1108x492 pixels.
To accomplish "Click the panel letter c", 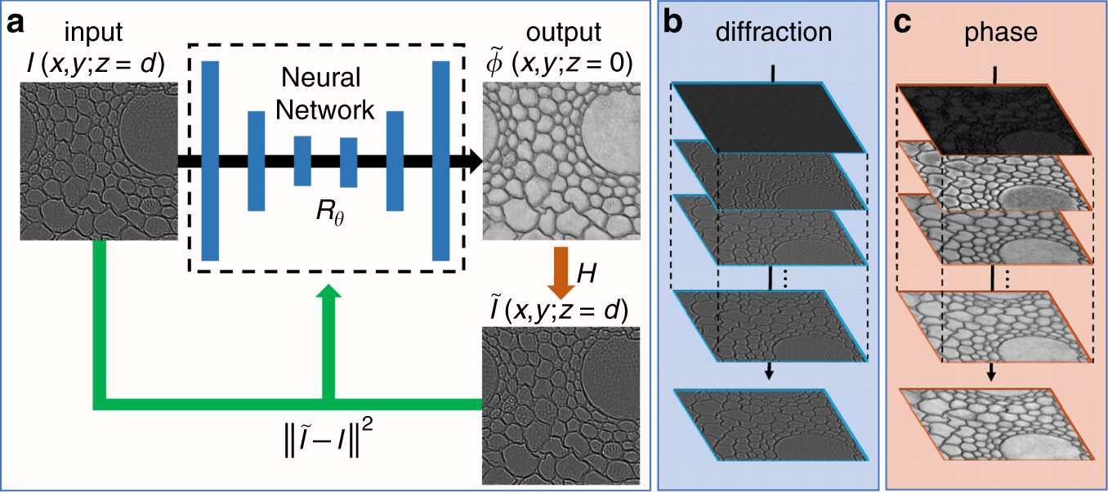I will coord(903,23).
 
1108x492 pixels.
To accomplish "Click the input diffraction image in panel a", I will coord(97,164).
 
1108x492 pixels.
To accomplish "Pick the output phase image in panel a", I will coord(562,163).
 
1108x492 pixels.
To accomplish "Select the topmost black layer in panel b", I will coord(770,117).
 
